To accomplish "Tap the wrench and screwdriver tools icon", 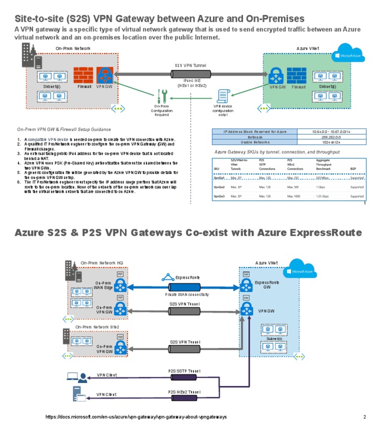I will click(162, 96).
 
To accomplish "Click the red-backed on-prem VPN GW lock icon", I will click(105, 75).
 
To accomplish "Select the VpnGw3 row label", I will click(219, 196).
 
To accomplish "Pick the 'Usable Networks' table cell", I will click(255, 142).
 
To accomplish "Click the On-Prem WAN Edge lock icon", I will click(120, 285).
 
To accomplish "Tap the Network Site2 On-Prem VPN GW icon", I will click(120, 346).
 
